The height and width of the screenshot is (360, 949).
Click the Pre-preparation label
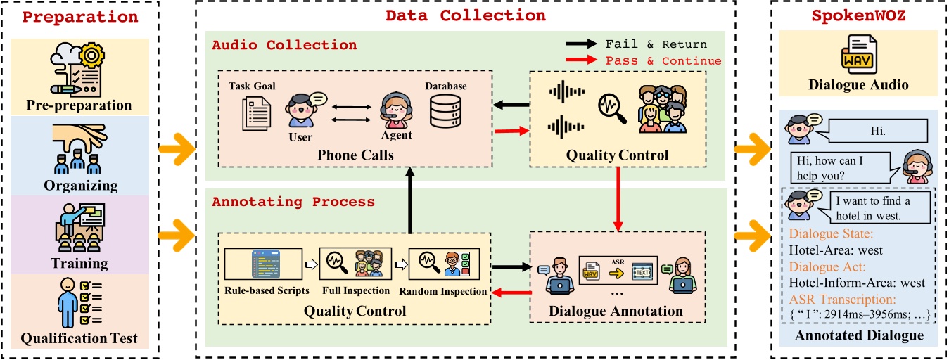79,105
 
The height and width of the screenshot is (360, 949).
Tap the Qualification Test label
79,338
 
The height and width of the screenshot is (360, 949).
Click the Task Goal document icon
255,113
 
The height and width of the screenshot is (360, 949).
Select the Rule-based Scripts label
262,290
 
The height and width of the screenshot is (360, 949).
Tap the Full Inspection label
355,290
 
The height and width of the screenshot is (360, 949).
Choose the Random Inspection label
442,290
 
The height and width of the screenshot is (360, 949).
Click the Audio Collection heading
284,45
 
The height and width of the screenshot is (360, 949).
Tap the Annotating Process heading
293,202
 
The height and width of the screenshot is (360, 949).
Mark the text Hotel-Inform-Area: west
857,283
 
